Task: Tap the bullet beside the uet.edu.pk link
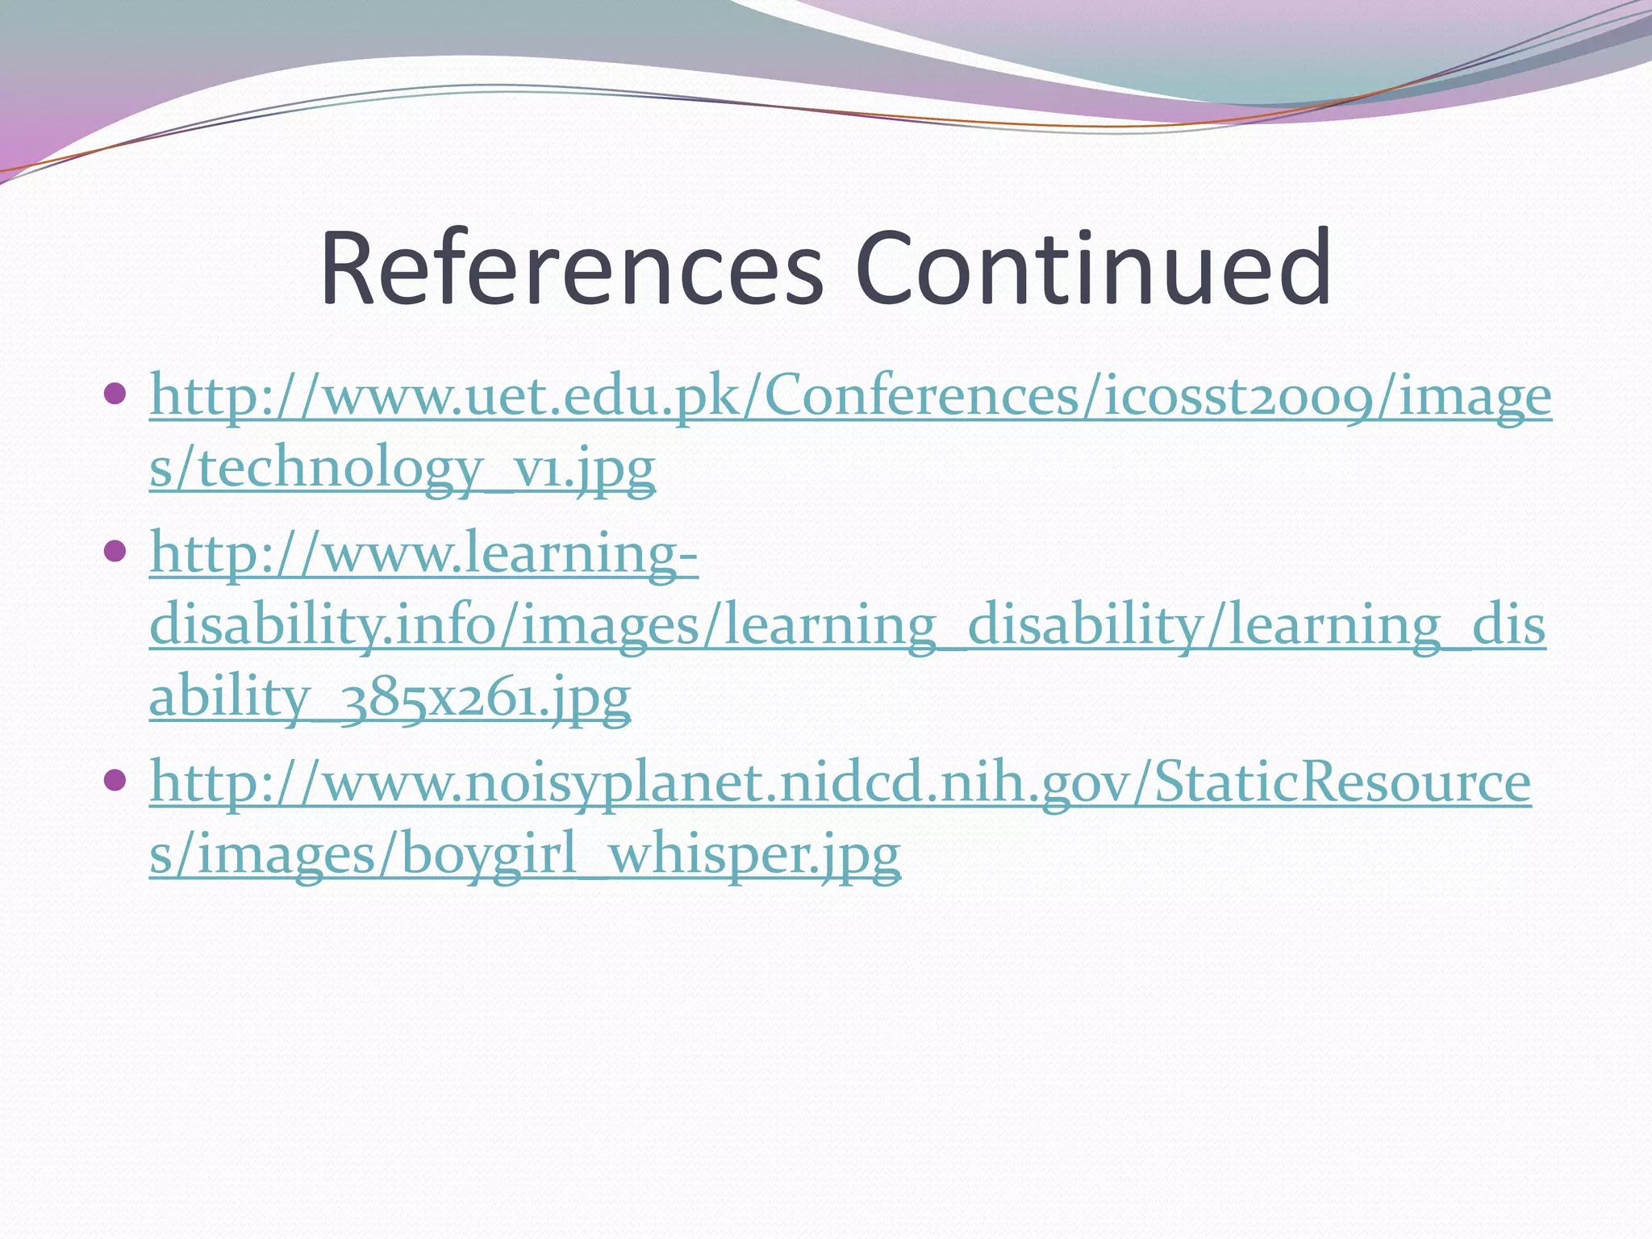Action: click(116, 394)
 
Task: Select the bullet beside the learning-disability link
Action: click(116, 552)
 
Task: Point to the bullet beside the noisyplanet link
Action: click(116, 780)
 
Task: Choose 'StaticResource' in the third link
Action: click(1342, 783)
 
